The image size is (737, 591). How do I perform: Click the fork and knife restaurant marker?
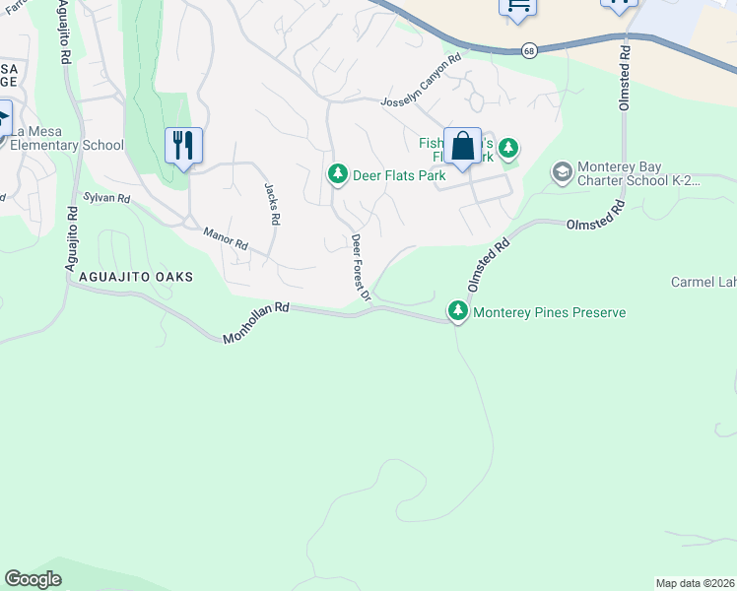pyautogui.click(x=183, y=146)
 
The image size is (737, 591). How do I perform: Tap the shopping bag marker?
pyautogui.click(x=462, y=147)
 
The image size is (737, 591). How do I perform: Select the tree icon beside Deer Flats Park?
pyautogui.click(x=337, y=174)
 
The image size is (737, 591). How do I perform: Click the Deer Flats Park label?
pyautogui.click(x=399, y=175)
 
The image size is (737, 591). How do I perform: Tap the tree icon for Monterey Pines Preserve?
pyautogui.click(x=457, y=311)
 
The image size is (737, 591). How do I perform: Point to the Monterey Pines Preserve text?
pyautogui.click(x=550, y=313)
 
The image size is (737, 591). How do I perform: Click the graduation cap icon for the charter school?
pyautogui.click(x=562, y=173)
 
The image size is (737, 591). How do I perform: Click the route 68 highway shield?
pyautogui.click(x=529, y=51)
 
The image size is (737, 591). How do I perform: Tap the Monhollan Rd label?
pyautogui.click(x=256, y=321)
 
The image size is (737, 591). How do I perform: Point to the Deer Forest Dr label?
pyautogui.click(x=361, y=267)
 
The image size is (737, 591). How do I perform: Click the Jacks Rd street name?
pyautogui.click(x=273, y=204)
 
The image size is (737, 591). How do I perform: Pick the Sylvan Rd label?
pyautogui.click(x=106, y=198)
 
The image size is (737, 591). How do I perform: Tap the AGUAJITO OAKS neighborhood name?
pyautogui.click(x=129, y=278)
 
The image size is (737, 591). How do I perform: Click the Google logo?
pyautogui.click(x=33, y=579)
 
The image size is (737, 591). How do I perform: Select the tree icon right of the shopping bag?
pyautogui.click(x=507, y=149)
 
